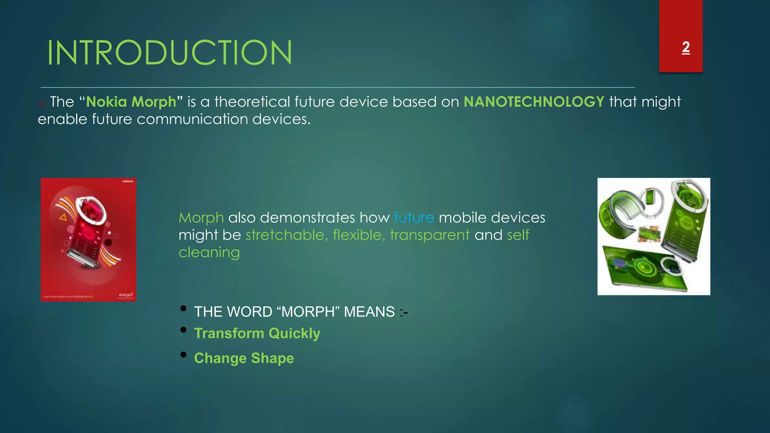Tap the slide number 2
(685, 47)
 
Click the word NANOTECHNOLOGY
(534, 102)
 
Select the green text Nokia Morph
(131, 102)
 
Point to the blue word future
(414, 218)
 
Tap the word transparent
(430, 235)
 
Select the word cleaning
(209, 252)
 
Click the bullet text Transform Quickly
(257, 333)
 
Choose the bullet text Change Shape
(244, 358)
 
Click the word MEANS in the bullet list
(369, 312)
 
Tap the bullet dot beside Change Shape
(183, 355)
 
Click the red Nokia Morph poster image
(88, 240)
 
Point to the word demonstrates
(307, 218)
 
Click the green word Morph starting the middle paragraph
(201, 218)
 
